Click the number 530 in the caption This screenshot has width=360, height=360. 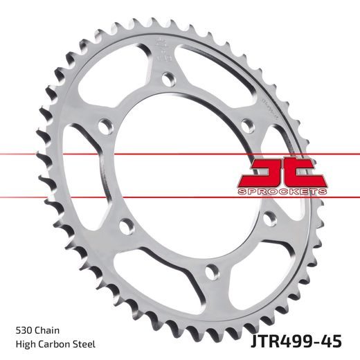(x=22, y=331)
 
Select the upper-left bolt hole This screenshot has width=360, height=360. (x=103, y=127)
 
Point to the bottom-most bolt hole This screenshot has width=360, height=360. (x=213, y=270)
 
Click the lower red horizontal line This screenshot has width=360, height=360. (x=104, y=196)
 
